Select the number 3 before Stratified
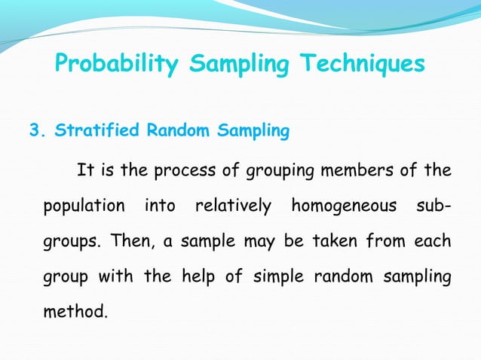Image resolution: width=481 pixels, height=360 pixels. point(33,132)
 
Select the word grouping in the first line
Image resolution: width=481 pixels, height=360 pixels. point(276,171)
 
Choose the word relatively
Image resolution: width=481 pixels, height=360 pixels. point(233,206)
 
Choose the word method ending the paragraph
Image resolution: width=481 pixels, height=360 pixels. point(75,311)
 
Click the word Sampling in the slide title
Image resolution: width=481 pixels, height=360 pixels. point(240,66)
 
